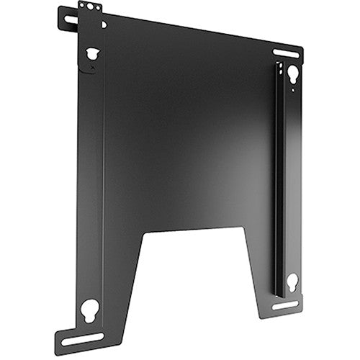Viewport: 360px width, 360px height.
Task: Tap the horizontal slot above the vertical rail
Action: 286,53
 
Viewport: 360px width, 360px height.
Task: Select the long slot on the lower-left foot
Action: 81,338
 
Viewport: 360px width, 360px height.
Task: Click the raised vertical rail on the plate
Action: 280,180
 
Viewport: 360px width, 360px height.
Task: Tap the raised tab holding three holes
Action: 91,10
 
